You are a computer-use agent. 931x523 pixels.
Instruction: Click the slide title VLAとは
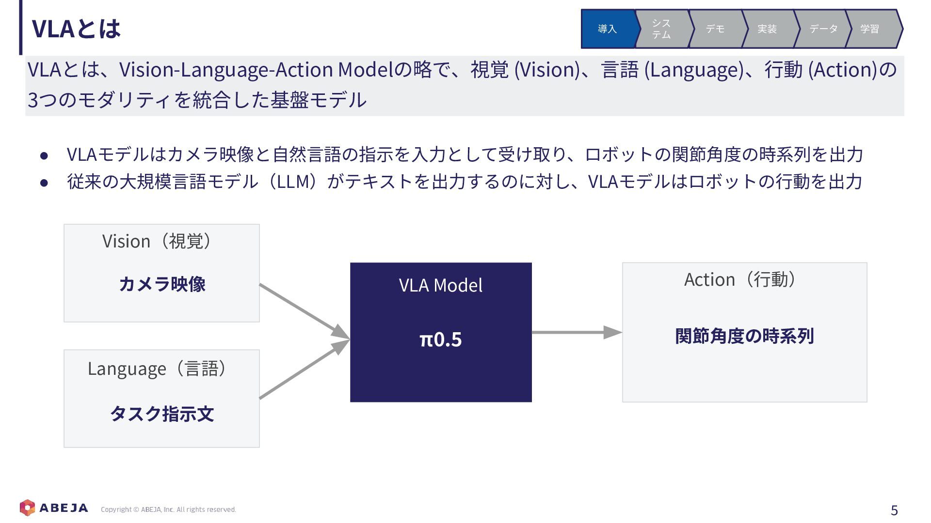[76, 29]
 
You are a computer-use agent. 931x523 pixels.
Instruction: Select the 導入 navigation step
[608, 29]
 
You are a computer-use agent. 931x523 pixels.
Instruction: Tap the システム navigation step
[661, 29]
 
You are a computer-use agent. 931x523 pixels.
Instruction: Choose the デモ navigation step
[715, 29]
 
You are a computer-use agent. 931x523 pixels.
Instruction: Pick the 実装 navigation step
[768, 29]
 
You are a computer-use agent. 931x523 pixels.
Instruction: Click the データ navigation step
[823, 29]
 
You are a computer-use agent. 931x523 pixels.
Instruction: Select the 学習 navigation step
[870, 29]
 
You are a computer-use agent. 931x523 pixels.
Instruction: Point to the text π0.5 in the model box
[440, 339]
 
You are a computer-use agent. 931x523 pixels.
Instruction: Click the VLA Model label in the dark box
[440, 285]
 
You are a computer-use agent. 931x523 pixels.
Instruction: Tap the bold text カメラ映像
[162, 284]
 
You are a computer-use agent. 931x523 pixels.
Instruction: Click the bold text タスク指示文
[162, 414]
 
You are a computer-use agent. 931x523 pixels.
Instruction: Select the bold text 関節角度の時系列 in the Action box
[744, 336]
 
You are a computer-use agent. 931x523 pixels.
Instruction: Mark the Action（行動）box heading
[739, 279]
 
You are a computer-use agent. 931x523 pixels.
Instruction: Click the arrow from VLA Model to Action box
[577, 332]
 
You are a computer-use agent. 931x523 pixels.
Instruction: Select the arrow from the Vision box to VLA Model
[305, 311]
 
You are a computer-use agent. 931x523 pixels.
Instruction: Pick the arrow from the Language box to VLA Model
[305, 369]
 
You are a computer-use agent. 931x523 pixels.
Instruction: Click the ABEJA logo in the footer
[54, 508]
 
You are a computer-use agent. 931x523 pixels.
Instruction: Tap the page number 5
[894, 510]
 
